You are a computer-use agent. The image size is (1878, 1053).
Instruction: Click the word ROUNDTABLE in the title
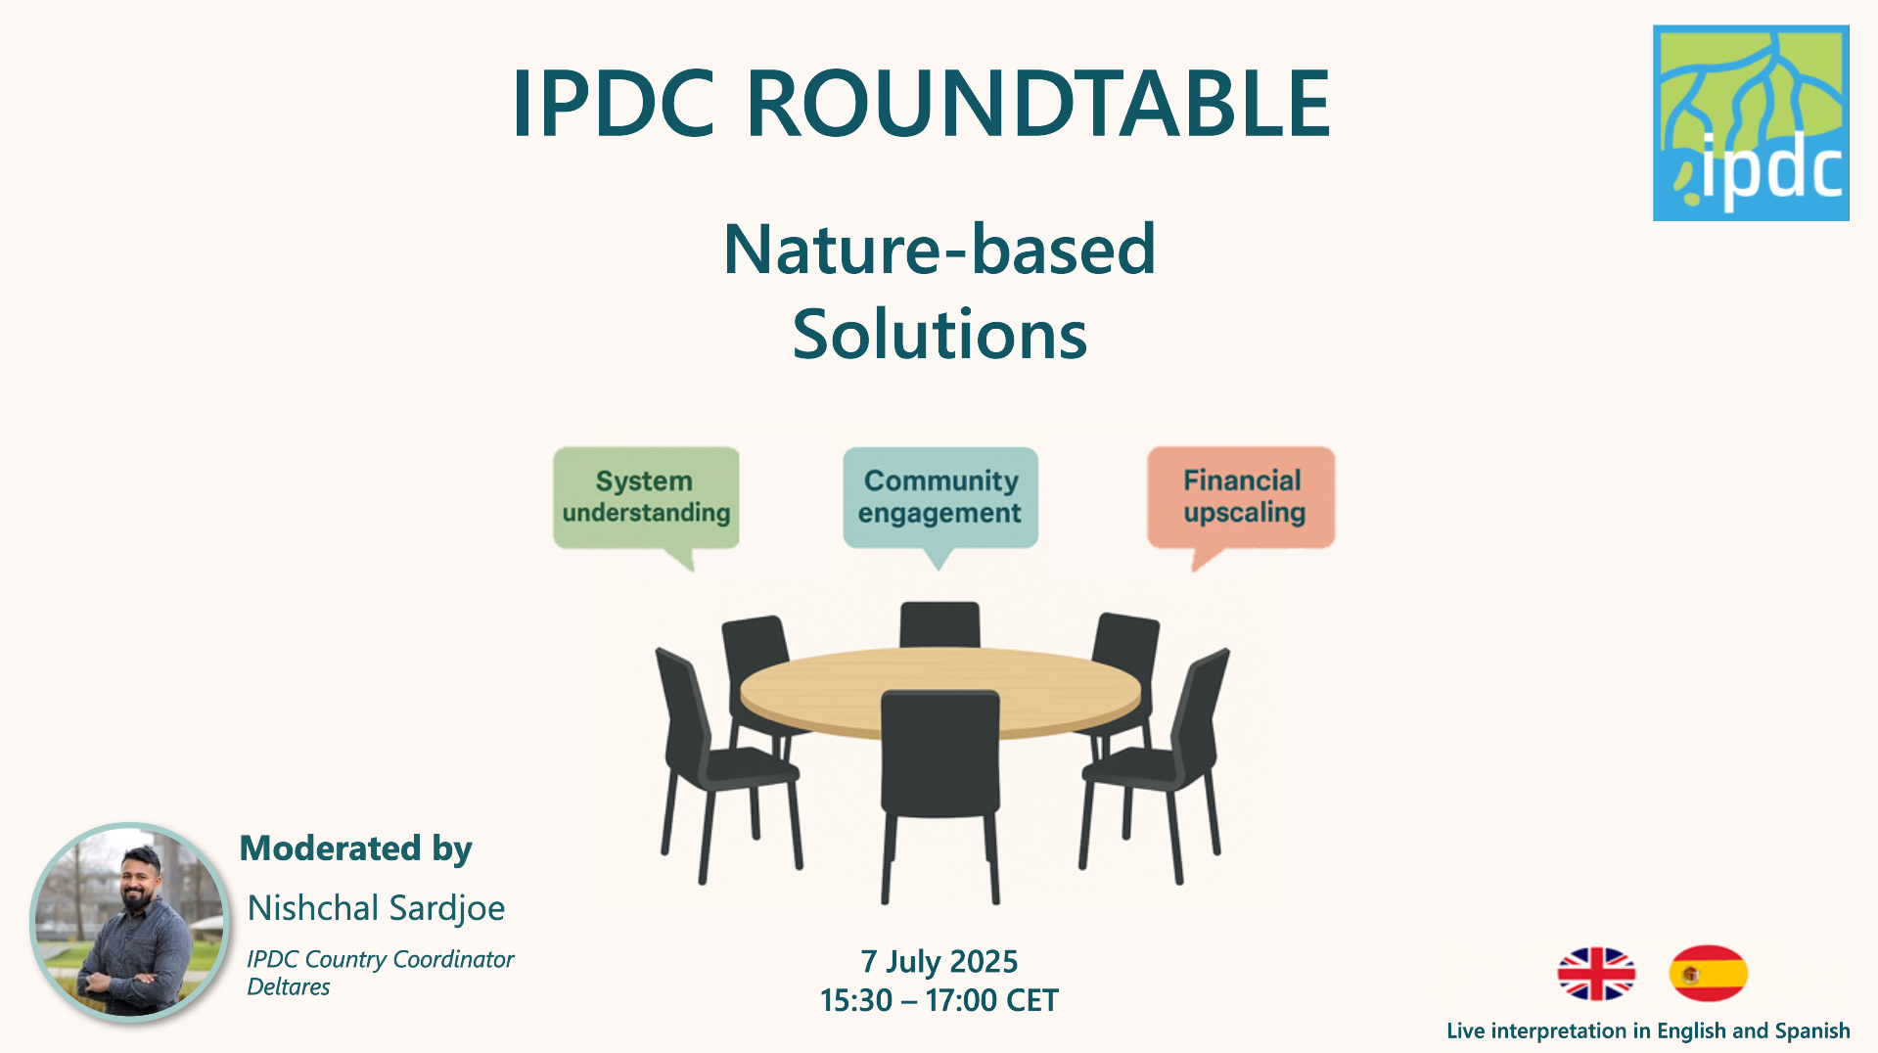coord(1037,104)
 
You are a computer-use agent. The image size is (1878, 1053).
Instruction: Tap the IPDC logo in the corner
coord(1750,123)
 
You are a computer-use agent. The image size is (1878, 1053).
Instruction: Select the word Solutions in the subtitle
coord(939,335)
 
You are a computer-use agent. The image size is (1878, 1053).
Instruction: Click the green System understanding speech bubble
coord(646,497)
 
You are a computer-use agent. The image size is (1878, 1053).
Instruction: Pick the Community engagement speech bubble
coord(939,497)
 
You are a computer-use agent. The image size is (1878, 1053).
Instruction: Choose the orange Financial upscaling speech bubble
coord(1241,497)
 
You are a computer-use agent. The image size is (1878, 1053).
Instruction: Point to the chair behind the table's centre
coord(939,623)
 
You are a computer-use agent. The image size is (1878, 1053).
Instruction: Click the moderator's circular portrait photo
coord(129,922)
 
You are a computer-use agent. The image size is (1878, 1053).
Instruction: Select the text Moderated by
coord(356,848)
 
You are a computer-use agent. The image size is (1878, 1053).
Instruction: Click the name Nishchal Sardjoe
coord(376,908)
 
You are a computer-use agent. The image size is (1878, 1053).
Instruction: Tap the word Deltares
coord(289,986)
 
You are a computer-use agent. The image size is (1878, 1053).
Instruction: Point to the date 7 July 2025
coord(939,961)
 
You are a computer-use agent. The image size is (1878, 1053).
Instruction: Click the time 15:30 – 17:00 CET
coord(939,1000)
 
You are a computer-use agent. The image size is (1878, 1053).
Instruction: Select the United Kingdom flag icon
coord(1596,974)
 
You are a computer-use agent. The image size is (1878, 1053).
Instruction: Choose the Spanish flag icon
coord(1708,974)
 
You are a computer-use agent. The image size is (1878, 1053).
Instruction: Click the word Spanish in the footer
coord(1811,1030)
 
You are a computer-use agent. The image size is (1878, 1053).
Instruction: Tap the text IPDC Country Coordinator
coord(381,959)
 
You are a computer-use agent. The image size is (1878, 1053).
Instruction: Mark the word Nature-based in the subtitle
coord(939,250)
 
